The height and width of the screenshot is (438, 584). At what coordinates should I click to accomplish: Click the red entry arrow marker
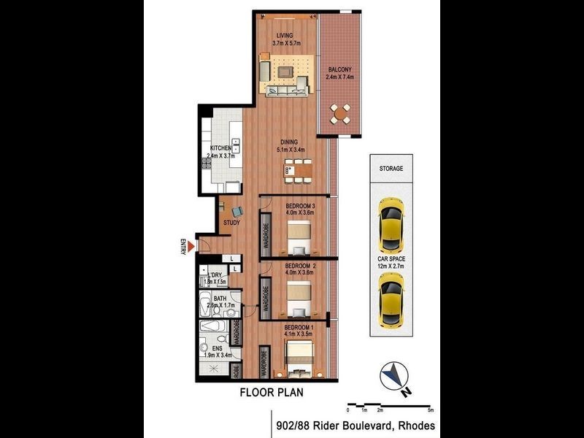(x=192, y=248)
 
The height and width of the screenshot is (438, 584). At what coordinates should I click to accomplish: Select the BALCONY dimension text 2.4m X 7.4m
(x=341, y=77)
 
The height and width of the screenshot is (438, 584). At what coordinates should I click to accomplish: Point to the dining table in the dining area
(x=297, y=175)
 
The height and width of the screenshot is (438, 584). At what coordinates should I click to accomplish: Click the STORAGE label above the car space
(x=391, y=169)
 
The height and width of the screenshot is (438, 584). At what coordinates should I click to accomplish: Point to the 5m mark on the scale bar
(x=431, y=410)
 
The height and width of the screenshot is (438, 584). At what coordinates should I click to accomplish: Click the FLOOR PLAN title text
(x=272, y=392)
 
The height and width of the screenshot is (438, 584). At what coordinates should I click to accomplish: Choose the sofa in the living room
(x=286, y=91)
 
